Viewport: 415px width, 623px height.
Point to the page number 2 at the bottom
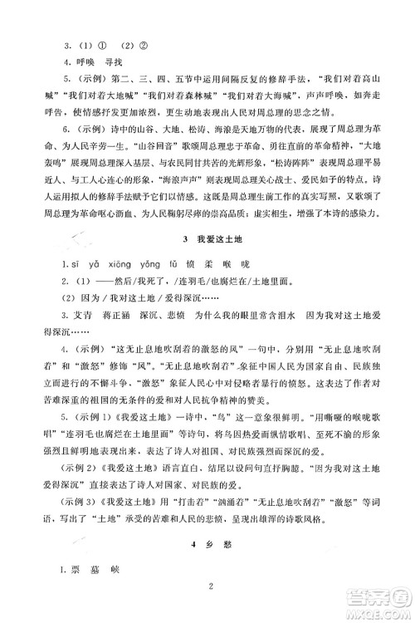click(x=213, y=588)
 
